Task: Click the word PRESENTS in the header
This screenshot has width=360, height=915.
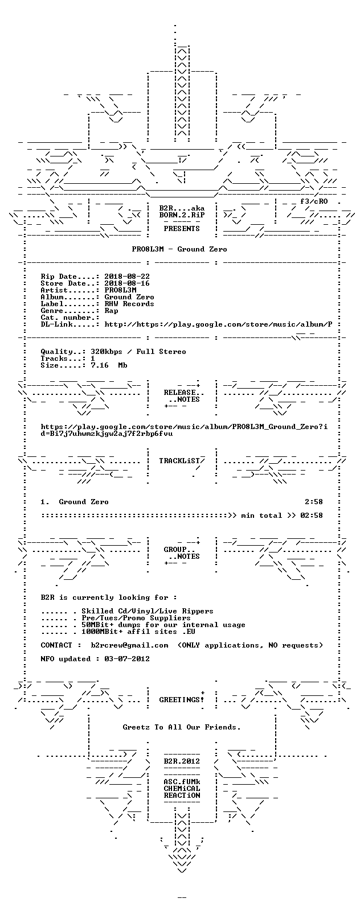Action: point(182,229)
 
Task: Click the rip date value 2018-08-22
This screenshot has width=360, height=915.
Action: point(127,277)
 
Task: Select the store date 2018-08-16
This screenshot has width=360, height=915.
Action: point(127,283)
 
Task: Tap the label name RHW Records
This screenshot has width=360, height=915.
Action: point(129,304)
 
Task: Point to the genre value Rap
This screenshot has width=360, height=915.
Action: point(111,311)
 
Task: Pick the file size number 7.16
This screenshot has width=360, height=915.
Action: point(100,365)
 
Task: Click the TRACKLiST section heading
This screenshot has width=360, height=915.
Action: point(179,461)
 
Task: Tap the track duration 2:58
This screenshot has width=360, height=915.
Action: point(314,502)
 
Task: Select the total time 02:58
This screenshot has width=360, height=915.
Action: point(312,516)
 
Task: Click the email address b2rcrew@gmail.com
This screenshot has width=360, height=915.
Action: point(129,645)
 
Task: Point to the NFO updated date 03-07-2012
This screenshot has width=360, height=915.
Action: point(127,659)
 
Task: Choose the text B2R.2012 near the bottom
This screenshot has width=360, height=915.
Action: point(182,761)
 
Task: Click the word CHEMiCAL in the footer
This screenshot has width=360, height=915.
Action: point(182,789)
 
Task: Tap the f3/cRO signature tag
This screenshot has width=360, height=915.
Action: point(314,201)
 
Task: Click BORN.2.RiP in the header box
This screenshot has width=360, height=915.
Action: point(182,215)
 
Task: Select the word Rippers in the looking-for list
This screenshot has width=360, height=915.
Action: point(198,611)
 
